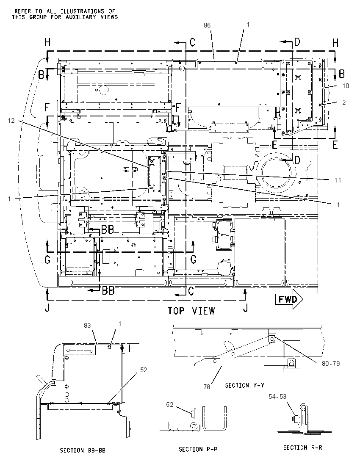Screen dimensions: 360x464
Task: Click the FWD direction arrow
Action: (289, 299)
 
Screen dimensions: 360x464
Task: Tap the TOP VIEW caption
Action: (191, 311)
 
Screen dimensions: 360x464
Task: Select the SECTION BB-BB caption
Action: (83, 451)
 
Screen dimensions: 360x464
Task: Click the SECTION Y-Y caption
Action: (245, 385)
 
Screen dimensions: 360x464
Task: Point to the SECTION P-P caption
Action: (198, 449)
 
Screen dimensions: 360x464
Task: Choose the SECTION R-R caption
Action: (302, 448)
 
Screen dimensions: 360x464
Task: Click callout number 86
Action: (207, 25)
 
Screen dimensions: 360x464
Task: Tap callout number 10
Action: (346, 86)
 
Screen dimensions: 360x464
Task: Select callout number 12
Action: (11, 121)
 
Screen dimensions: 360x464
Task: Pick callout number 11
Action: (338, 180)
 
